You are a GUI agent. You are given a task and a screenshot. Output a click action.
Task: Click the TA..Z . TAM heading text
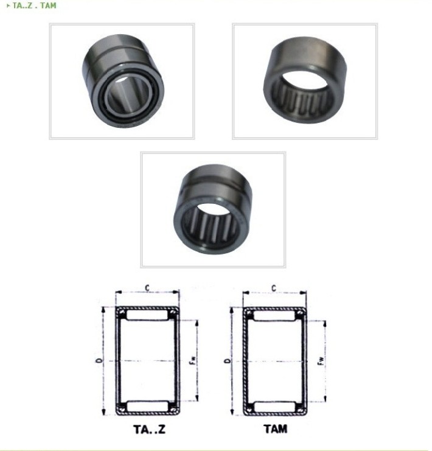point(35,5)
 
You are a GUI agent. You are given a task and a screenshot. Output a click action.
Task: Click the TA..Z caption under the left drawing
point(150,430)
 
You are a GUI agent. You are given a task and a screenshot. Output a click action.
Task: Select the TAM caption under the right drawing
point(276,429)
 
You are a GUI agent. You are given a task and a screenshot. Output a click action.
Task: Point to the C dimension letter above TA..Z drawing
point(147,288)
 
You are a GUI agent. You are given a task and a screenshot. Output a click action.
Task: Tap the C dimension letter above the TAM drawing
point(274,288)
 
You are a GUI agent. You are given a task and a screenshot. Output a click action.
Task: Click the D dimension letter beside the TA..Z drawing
point(99,360)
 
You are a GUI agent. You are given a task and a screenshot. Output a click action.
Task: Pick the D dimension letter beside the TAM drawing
point(228,361)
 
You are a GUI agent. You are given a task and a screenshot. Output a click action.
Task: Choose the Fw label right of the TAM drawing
point(321,361)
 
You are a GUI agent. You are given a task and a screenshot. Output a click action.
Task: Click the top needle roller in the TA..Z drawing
point(147,315)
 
